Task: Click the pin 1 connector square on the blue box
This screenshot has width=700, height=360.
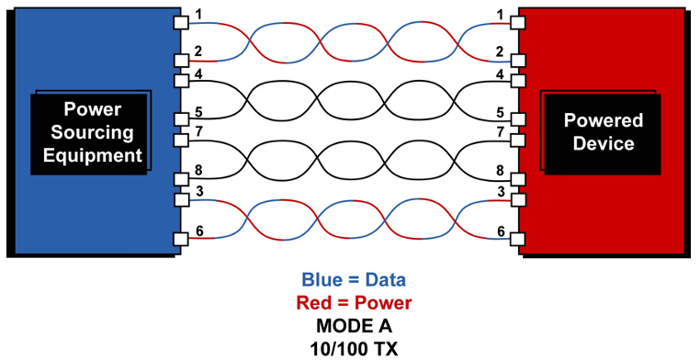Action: click(x=181, y=21)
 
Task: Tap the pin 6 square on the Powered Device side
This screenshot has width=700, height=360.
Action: click(x=518, y=239)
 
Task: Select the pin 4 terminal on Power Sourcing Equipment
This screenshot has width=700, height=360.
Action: click(x=181, y=81)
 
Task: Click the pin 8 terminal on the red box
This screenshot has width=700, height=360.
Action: click(x=518, y=179)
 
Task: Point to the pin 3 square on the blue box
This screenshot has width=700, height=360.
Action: click(x=181, y=200)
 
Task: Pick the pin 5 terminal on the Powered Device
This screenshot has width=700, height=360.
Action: click(x=518, y=119)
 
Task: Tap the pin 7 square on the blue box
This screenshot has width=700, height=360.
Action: click(x=181, y=141)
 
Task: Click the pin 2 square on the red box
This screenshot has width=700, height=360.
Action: click(x=518, y=60)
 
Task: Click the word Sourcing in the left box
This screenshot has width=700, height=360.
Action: click(x=92, y=132)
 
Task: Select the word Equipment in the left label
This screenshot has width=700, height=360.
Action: click(x=92, y=155)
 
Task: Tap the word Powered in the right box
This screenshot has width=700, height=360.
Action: click(x=604, y=120)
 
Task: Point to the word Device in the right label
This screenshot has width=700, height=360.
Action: click(x=604, y=143)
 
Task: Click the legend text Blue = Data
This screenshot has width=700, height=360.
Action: click(x=354, y=280)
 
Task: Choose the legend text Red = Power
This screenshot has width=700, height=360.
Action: click(x=354, y=303)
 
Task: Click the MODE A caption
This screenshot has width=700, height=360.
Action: click(x=354, y=326)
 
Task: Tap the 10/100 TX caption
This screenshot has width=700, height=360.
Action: click(x=354, y=349)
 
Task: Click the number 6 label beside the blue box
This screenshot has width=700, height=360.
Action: click(x=200, y=231)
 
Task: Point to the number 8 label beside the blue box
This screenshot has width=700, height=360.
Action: click(x=198, y=171)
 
